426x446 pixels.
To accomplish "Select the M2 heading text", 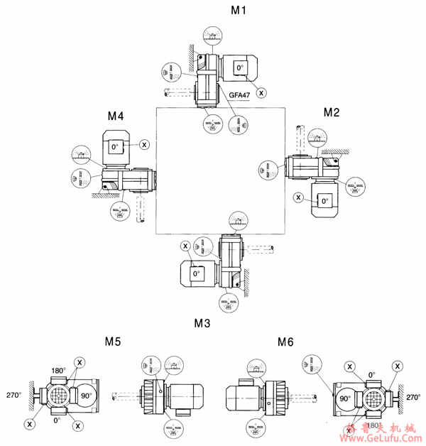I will [332, 112].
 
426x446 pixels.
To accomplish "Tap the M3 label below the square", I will [202, 323].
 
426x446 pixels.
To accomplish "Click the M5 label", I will [114, 342].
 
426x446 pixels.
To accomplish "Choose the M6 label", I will [285, 342].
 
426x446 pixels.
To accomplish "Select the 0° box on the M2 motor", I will [324, 201].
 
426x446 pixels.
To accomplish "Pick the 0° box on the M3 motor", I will [197, 273].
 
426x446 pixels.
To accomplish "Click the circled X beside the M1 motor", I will [261, 92].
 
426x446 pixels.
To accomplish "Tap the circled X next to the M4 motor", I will [144, 144].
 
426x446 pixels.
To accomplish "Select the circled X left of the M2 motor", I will [298, 197].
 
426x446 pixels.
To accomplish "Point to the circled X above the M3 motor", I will [186, 246].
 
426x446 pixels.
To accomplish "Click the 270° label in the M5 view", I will [13, 395].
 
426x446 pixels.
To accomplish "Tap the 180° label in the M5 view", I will [58, 371].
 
